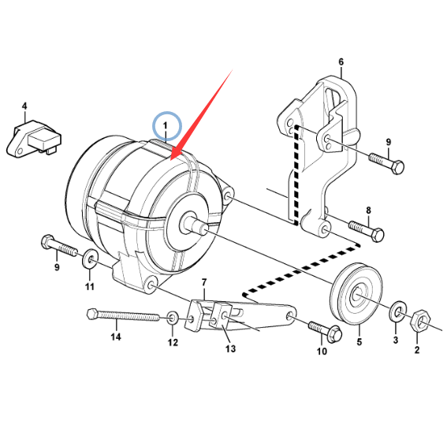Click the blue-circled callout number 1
(165, 125)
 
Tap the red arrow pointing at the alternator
(201, 114)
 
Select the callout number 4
(24, 106)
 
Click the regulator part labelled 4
(34, 138)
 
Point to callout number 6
(341, 61)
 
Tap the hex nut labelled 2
(420, 322)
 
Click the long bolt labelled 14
(123, 315)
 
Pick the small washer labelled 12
(173, 318)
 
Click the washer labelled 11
(91, 259)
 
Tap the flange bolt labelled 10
(325, 331)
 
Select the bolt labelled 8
(367, 230)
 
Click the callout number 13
(230, 348)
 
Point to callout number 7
(204, 282)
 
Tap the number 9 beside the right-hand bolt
(389, 142)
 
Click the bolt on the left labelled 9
(59, 247)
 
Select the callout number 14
(116, 337)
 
